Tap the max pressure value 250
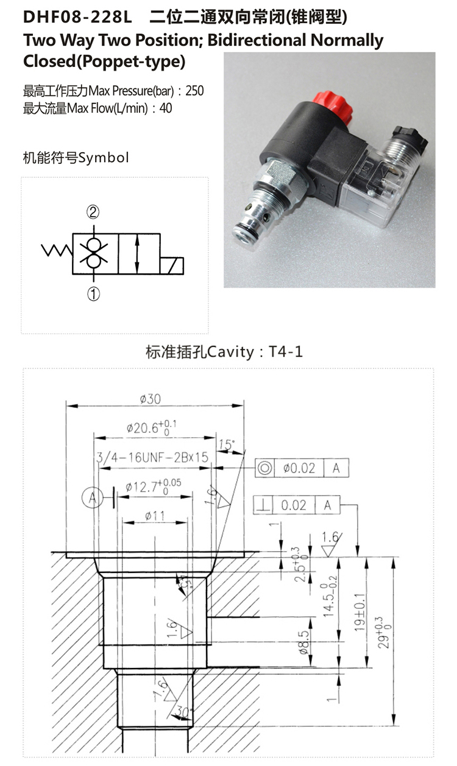(194, 91)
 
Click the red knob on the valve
(332, 103)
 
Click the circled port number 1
(93, 294)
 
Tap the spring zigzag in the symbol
(57, 250)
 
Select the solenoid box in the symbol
(172, 266)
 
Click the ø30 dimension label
(150, 399)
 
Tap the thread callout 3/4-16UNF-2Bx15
(152, 457)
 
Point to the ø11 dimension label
(155, 516)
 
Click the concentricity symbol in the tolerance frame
(265, 468)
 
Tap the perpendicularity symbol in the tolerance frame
(264, 505)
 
